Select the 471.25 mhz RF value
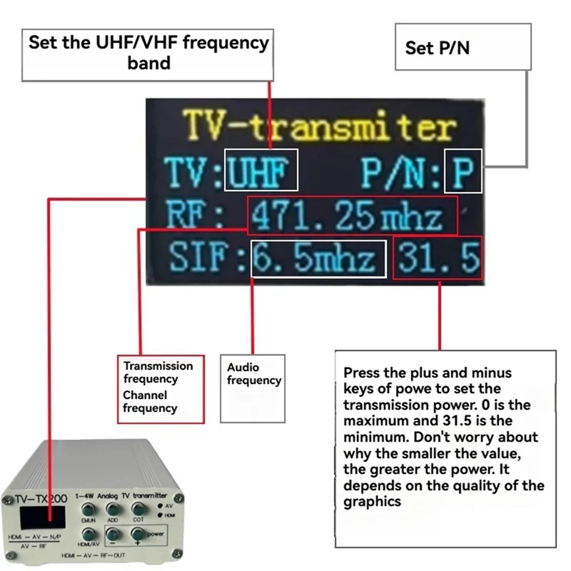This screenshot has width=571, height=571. (352, 215)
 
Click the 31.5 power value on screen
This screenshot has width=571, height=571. (438, 258)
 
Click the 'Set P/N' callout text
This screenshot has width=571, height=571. (437, 48)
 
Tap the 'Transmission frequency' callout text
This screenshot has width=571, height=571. (158, 373)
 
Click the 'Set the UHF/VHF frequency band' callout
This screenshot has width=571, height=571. (148, 51)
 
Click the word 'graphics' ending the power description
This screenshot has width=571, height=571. (373, 501)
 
